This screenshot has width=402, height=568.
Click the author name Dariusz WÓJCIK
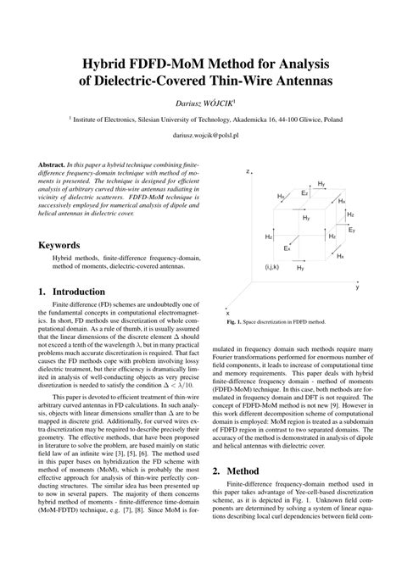click(200, 102)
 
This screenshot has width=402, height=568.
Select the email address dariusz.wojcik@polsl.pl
click(200, 135)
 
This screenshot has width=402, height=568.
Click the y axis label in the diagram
click(357, 287)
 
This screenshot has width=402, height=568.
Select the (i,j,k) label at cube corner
click(272, 267)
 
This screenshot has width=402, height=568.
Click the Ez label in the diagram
click(304, 193)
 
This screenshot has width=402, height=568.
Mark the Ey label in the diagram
click(352, 230)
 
